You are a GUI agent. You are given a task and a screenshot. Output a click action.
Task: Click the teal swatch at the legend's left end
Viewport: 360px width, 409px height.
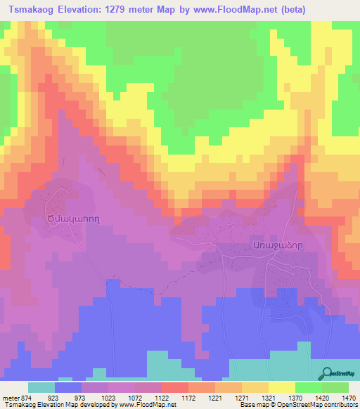[x=41, y=387]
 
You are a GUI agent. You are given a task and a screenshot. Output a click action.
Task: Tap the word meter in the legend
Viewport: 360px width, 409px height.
[x=11, y=397]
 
